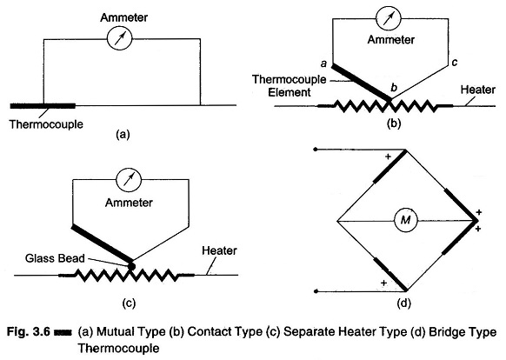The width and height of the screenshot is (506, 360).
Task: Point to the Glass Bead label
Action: click(x=55, y=258)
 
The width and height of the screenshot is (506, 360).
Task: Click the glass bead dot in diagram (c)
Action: click(x=131, y=266)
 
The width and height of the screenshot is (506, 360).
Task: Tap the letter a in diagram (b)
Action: click(x=323, y=64)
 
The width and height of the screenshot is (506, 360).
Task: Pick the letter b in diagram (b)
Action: click(x=394, y=87)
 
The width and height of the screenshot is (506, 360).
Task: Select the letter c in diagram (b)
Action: click(x=455, y=62)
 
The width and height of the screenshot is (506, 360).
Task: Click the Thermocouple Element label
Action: click(x=290, y=86)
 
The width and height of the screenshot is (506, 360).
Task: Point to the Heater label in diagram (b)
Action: click(x=478, y=90)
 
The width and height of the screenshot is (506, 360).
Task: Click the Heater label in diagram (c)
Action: click(x=219, y=250)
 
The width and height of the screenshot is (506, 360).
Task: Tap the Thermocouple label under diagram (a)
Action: click(x=46, y=124)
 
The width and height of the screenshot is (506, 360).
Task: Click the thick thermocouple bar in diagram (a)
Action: click(x=43, y=106)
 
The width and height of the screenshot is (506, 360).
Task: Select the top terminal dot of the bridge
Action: click(x=316, y=150)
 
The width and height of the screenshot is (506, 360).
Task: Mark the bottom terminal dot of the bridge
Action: click(x=316, y=291)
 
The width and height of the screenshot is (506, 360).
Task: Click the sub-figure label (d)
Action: click(x=404, y=303)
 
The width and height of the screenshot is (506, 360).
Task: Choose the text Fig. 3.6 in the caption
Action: click(x=29, y=331)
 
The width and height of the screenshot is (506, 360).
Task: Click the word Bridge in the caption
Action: click(x=447, y=332)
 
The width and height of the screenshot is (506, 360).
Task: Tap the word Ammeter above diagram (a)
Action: click(x=124, y=17)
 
